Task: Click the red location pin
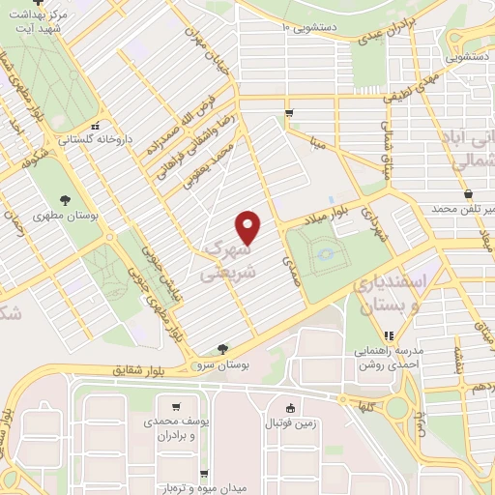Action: click(249, 227)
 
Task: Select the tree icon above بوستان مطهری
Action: click(64, 199)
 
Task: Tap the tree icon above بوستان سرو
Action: click(224, 348)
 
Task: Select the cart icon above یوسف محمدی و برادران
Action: click(175, 407)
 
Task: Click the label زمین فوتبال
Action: click(291, 422)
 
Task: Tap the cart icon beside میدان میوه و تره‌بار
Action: click(205, 474)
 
